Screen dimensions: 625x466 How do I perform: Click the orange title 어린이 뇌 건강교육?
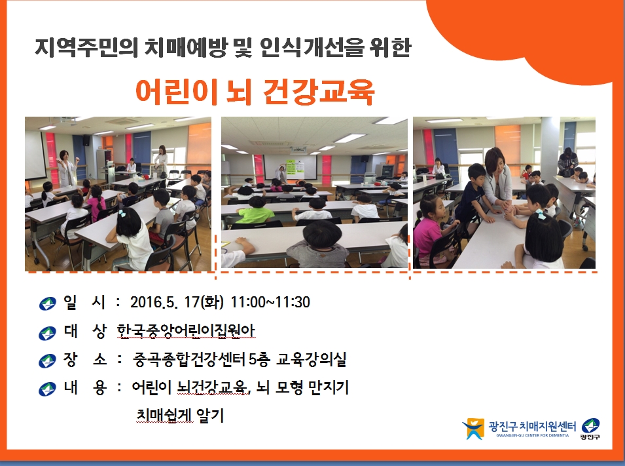pyautogui.click(x=255, y=92)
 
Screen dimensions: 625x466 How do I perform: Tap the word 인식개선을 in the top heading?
pyautogui.click(x=312, y=48)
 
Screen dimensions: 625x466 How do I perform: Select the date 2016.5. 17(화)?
pyautogui.click(x=177, y=302)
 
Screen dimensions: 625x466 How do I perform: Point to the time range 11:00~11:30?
pyautogui.click(x=270, y=302)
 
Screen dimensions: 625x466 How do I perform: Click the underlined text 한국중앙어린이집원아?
pyautogui.click(x=186, y=330)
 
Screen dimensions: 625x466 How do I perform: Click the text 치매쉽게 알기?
pyautogui.click(x=180, y=416)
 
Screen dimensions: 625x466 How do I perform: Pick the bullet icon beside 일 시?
pyautogui.click(x=47, y=303)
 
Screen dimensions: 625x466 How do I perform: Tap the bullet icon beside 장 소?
pyautogui.click(x=47, y=361)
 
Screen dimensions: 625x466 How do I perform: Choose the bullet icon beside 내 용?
pyautogui.click(x=47, y=389)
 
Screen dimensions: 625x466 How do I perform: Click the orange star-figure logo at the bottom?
pyautogui.click(x=473, y=429)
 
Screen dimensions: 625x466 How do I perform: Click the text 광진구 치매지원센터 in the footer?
pyautogui.click(x=532, y=427)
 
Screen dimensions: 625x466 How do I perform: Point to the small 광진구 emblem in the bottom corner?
pyautogui.click(x=590, y=429)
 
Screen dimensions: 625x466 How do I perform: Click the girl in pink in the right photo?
pyautogui.click(x=430, y=227)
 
